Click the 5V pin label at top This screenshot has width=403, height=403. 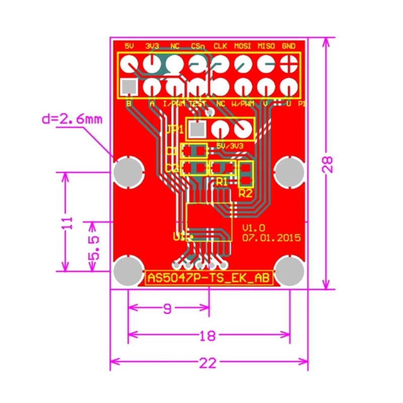pyautogui.click(x=129, y=46)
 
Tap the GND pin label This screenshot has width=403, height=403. pyautogui.click(x=289, y=46)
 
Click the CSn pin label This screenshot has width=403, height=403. pyautogui.click(x=198, y=46)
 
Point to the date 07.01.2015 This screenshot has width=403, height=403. pyautogui.click(x=271, y=237)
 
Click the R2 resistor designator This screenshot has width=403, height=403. pyautogui.click(x=245, y=192)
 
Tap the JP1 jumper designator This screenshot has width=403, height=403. pyautogui.click(x=175, y=129)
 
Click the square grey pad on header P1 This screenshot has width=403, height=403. pyautogui.click(x=129, y=87)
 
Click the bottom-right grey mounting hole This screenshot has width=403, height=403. pyautogui.click(x=290, y=271)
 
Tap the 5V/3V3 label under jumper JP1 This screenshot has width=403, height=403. pyautogui.click(x=229, y=145)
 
